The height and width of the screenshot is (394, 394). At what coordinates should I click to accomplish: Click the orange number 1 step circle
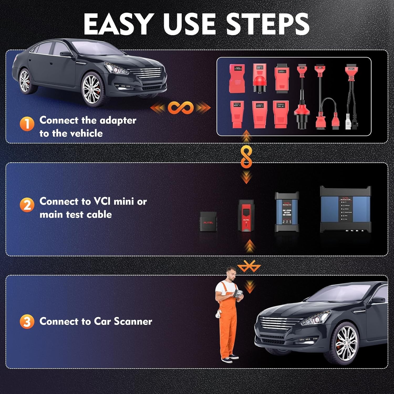[27, 124]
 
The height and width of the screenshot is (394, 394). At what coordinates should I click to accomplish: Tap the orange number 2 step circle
[27, 205]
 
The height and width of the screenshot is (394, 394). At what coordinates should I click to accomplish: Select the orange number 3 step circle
[27, 322]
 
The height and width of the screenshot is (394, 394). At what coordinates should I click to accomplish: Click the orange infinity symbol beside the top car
[181, 108]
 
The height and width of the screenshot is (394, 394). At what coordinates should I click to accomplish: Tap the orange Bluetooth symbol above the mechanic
[249, 267]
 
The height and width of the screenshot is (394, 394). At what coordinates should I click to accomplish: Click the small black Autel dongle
[208, 221]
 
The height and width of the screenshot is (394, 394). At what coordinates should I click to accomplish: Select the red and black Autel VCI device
[246, 215]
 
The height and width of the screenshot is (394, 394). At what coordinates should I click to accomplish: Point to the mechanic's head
[231, 274]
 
